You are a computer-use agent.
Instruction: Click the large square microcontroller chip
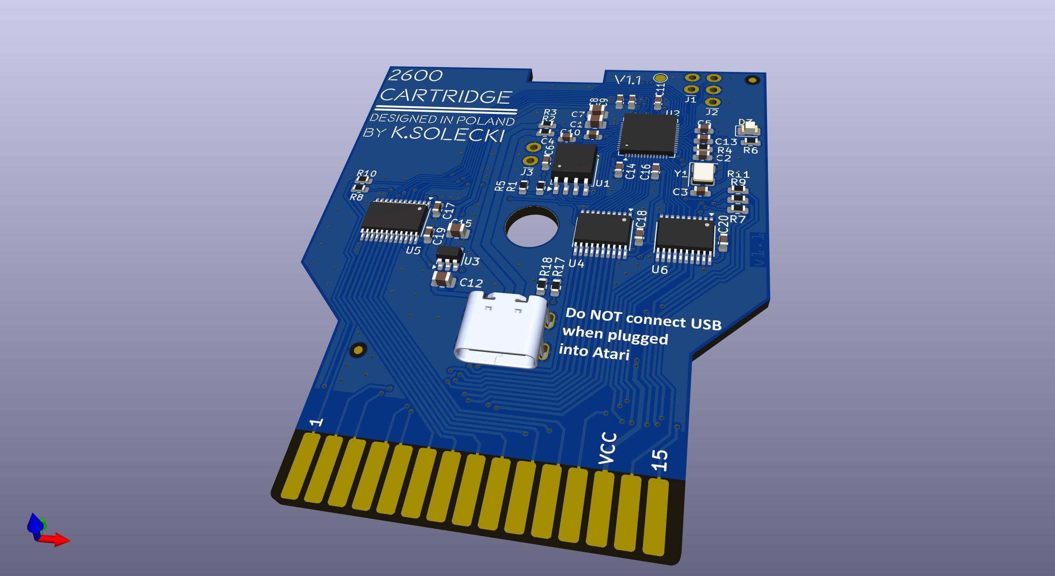click(648, 134)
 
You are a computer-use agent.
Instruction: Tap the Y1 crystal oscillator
click(703, 174)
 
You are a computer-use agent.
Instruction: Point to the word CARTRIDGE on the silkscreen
click(446, 96)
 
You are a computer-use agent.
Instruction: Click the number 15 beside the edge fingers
click(660, 460)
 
